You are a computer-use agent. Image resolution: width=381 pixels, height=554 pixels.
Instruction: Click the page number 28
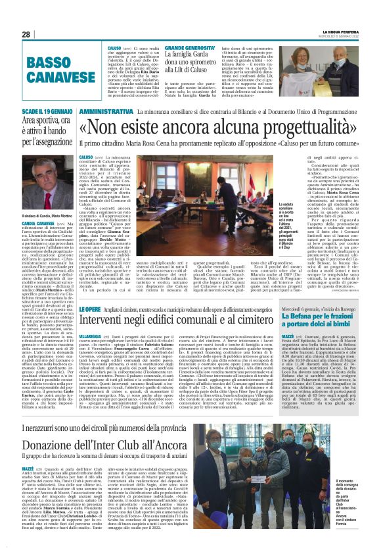pos(26,34)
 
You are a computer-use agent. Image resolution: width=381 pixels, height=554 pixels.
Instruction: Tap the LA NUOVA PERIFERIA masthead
pos(340,32)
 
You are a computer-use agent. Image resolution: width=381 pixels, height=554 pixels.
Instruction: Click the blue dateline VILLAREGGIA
pos(92,353)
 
